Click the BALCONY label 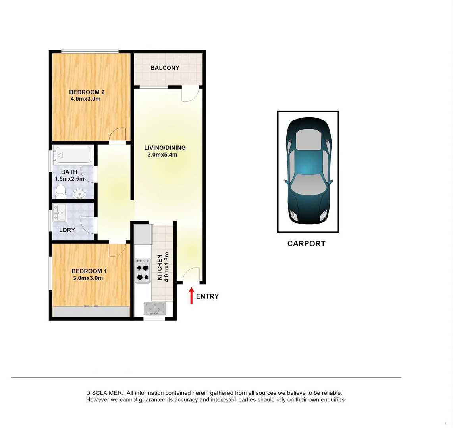coord(165,68)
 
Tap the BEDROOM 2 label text coord(87,92)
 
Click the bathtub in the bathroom coord(73,156)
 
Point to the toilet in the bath coord(60,192)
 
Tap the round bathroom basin coord(79,194)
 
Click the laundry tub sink coord(61,213)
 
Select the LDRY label coord(67,230)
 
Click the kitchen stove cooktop coord(143,270)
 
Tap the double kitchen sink coord(155,308)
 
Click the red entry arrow coord(191,296)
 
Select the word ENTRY coord(207,296)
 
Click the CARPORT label coord(306,244)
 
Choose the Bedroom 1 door coord(117,250)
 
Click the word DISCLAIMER coord(104,393)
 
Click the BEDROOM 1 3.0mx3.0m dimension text coord(88,278)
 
